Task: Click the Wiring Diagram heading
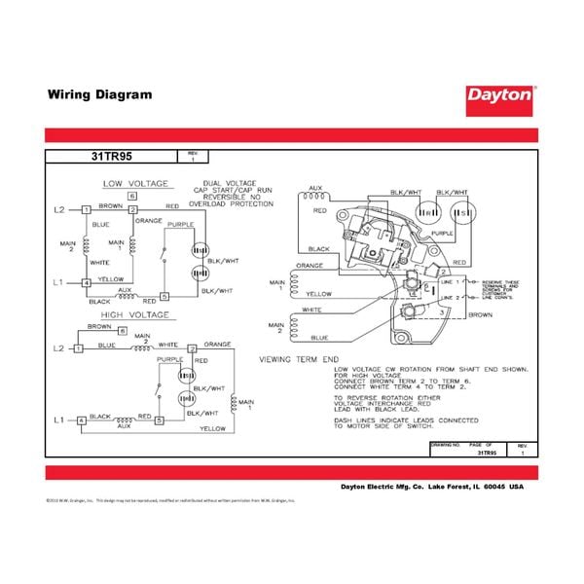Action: tap(99, 95)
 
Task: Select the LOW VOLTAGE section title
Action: tap(136, 183)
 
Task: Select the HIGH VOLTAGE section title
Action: tap(136, 315)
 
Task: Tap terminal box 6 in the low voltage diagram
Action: tap(131, 198)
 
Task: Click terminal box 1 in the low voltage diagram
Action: tap(87, 210)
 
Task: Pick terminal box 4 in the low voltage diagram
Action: tap(87, 283)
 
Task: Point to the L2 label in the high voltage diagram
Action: tap(59, 347)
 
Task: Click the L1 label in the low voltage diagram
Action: tap(59, 283)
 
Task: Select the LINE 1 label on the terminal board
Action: tap(450, 282)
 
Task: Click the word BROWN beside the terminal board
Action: tap(480, 315)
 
